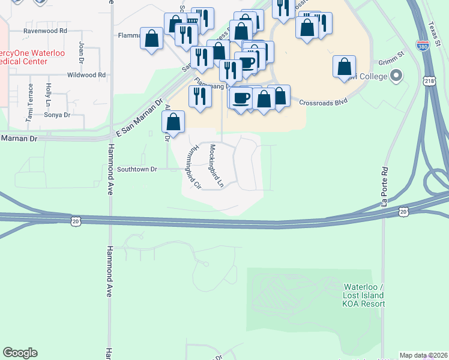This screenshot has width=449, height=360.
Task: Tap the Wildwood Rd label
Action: click(86, 75)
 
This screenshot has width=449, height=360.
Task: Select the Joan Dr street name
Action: click(82, 51)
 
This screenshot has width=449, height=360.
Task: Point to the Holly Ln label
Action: click(47, 95)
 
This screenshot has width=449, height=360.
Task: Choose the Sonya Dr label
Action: click(58, 115)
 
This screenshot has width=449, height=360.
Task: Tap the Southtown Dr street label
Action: click(137, 169)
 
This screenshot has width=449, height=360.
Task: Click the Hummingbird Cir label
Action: click(192, 168)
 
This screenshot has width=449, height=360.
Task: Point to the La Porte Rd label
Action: click(385, 178)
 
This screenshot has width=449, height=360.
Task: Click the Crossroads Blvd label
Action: click(324, 102)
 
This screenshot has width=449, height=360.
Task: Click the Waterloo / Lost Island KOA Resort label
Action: click(364, 295)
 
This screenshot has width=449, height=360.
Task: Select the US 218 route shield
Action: click(429, 80)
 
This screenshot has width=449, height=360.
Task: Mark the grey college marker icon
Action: click(396, 76)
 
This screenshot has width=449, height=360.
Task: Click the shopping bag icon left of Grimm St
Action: click(345, 67)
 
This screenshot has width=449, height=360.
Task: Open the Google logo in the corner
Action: click(20, 353)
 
